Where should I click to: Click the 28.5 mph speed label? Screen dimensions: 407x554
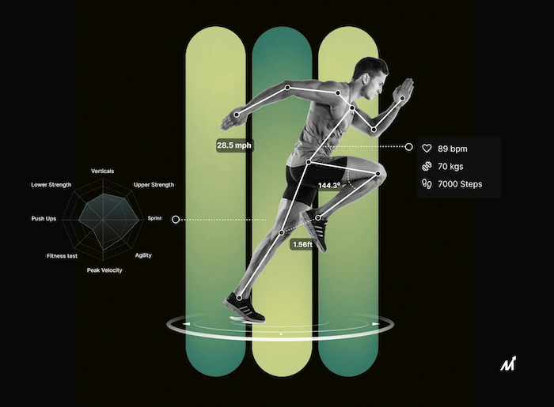tap(233, 145)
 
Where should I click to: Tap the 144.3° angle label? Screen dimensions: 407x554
tap(328, 186)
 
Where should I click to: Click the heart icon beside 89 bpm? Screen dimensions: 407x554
tap(426, 148)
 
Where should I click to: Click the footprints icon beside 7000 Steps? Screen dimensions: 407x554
tap(426, 185)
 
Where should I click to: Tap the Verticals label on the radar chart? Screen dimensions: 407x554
tap(103, 171)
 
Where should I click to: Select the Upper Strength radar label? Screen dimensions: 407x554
tap(154, 185)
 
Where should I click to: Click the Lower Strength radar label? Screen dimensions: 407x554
tap(51, 185)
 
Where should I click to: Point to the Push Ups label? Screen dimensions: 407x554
tap(44, 218)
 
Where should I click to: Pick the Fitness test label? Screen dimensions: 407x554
tap(61, 255)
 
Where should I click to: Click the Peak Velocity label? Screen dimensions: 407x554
tap(104, 270)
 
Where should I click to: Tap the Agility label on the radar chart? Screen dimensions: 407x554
tap(143, 255)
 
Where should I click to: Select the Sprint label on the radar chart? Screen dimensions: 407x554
tap(154, 218)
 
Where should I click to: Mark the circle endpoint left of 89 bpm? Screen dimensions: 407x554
tap(409, 147)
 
